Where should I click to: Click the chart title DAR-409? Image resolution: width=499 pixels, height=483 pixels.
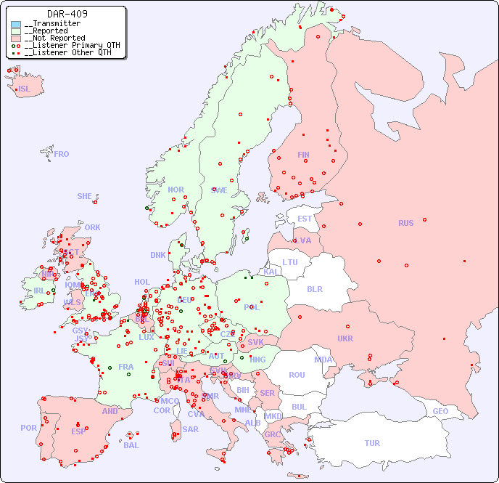(67, 14)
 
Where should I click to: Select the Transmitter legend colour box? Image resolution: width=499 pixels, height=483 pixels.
(16, 24)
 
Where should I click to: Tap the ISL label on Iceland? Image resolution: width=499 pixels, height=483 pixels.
(25, 89)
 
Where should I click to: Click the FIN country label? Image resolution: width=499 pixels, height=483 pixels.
(303, 155)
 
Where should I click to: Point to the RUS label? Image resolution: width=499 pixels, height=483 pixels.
(405, 223)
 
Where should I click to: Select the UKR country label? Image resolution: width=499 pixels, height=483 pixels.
(345, 338)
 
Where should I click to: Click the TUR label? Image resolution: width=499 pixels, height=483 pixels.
(372, 443)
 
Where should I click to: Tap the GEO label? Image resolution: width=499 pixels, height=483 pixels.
(440, 411)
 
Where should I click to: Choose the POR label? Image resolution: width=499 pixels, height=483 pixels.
(28, 428)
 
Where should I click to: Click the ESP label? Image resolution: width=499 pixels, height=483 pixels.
(78, 431)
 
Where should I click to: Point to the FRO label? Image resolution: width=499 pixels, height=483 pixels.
(62, 154)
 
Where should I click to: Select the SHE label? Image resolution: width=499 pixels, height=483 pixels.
(85, 196)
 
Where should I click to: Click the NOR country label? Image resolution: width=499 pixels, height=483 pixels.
(176, 190)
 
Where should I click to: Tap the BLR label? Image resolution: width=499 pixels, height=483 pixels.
(314, 288)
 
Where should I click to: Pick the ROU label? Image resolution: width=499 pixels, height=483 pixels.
(297, 375)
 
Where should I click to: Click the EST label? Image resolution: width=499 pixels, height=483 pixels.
(305, 219)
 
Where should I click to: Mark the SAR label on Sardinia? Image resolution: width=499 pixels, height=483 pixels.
(191, 429)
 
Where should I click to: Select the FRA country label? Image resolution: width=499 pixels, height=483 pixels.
(126, 367)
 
